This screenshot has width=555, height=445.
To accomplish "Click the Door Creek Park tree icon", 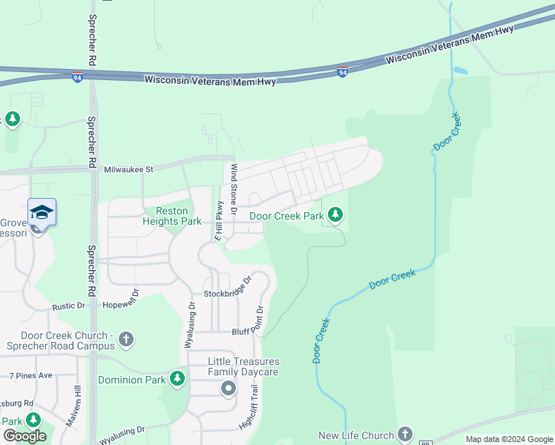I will click(336, 215).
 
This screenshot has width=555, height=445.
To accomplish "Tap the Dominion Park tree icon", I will click(177, 380).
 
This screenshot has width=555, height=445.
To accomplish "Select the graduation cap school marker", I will click(42, 212).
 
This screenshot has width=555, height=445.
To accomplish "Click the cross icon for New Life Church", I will click(404, 434).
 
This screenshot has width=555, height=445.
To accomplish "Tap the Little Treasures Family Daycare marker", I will click(228, 388).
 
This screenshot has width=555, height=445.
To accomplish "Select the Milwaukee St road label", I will click(128, 169).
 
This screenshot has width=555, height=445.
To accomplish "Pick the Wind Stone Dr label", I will click(233, 189).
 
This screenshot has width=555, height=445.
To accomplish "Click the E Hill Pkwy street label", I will click(219, 221).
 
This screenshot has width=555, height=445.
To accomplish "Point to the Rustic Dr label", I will click(70, 306).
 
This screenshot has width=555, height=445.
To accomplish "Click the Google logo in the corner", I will click(24, 436).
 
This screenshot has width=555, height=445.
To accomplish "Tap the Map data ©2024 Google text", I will click(509, 440).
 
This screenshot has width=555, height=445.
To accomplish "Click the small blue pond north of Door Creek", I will click(460, 72).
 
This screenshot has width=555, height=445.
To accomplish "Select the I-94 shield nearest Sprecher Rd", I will click(77, 77).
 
